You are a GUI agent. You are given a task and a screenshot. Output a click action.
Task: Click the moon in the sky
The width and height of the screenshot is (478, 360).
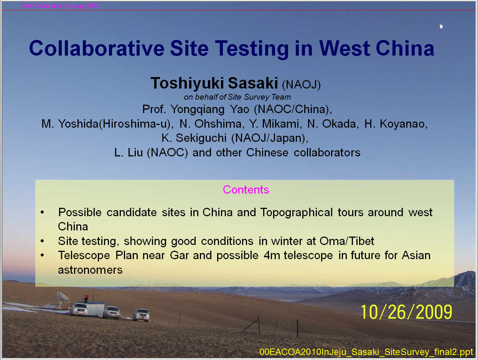tap(441, 26)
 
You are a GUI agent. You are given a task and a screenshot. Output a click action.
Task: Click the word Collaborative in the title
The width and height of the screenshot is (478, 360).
tap(97, 48)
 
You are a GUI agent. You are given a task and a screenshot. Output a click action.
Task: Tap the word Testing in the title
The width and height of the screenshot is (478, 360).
tap(252, 49)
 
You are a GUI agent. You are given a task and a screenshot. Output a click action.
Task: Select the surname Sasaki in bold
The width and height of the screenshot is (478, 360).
tap(253, 83)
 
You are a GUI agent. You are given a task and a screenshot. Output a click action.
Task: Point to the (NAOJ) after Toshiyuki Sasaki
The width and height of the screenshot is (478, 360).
tap(301, 84)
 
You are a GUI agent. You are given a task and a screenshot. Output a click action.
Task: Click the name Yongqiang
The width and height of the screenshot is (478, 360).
tap(197, 110)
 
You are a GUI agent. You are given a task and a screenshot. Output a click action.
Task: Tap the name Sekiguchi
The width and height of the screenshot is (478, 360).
tap(201, 138)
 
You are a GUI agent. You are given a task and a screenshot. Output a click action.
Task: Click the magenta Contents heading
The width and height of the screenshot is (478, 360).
tap(246, 189)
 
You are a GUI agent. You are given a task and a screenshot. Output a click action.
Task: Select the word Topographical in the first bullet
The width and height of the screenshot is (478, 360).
tap(297, 213)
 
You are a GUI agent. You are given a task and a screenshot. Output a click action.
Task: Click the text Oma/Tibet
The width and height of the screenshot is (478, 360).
tap(347, 241)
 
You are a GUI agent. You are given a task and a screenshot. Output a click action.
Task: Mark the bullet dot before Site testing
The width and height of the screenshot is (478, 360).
tap(42, 241)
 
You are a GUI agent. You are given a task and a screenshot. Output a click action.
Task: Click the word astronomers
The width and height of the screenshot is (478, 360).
tap(90, 270)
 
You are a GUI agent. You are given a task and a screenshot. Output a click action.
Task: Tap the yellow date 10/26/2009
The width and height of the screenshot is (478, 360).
tap(406, 312)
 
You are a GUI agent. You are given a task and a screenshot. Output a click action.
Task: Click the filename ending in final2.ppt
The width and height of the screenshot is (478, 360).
tap(366, 352)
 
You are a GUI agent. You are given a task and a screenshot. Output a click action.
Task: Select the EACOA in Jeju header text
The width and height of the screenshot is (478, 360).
tap(61, 6)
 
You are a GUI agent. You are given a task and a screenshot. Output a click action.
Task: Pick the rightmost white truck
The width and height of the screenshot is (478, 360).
tap(142, 315)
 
